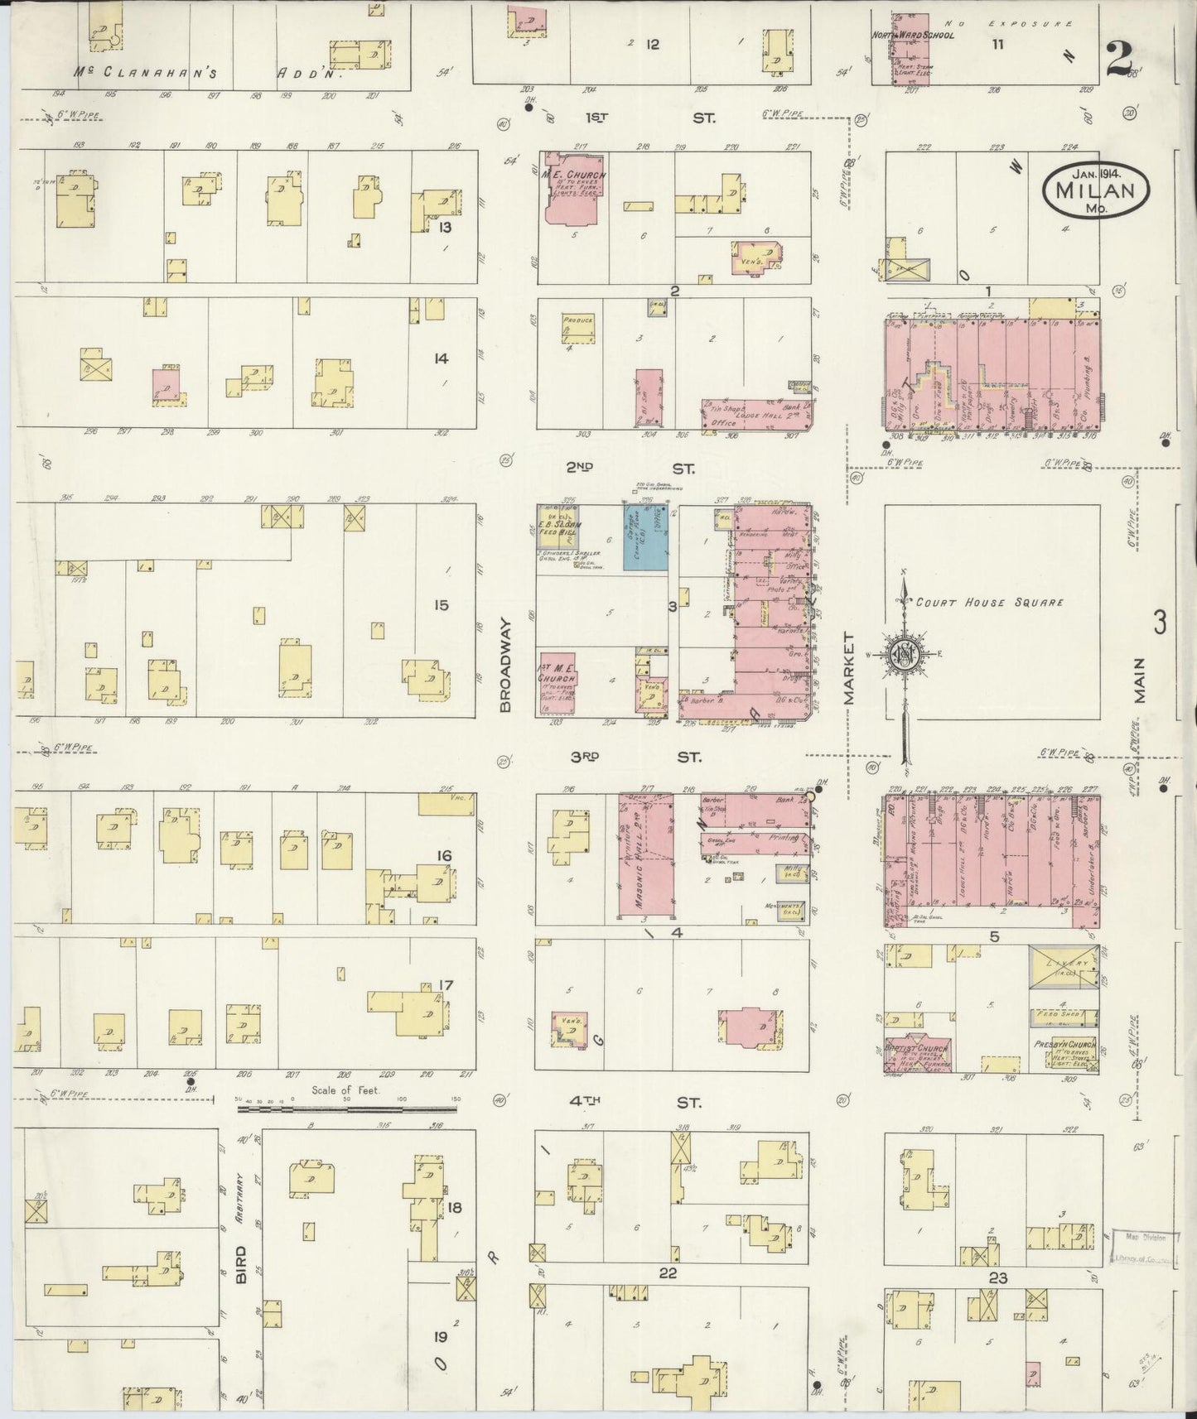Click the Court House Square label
989,603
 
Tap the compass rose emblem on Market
904,654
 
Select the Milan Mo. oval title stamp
1095,190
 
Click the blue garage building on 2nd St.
644,536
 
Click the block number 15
441,605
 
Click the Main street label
1139,680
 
